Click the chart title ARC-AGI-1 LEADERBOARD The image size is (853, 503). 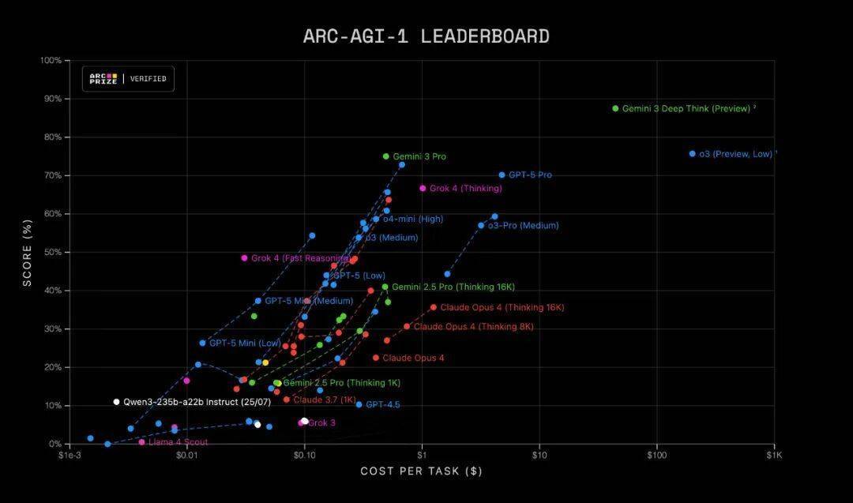tap(426, 36)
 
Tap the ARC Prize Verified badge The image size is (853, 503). tap(128, 79)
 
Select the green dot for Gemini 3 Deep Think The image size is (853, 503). tap(615, 108)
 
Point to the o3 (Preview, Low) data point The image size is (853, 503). tap(692, 154)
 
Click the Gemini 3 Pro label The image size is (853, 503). tap(419, 156)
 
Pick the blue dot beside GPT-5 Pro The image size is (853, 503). tap(502, 175)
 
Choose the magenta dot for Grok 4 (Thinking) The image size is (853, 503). tap(423, 189)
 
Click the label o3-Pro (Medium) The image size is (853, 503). tap(522, 226)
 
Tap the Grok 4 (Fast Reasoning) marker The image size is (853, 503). tap(244, 258)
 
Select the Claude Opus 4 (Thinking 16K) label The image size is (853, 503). tap(502, 307)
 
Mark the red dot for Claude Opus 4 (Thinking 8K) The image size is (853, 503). tap(407, 326)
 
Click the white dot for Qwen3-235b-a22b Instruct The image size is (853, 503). tap(116, 402)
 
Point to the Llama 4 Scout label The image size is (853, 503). tap(178, 442)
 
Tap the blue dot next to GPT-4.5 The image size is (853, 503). tap(359, 404)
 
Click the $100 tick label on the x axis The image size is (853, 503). tap(656, 456)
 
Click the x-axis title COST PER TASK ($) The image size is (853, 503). tap(421, 471)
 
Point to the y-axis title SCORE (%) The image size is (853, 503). tap(28, 252)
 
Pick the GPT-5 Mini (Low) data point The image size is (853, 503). tap(202, 343)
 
